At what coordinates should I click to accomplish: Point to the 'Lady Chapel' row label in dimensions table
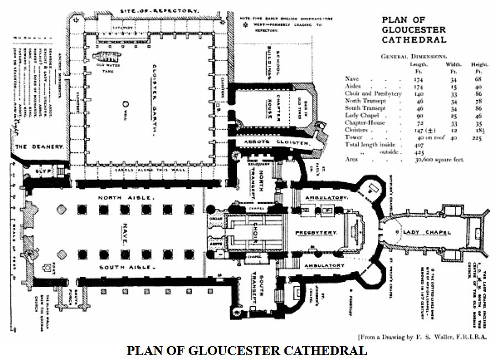[361, 115]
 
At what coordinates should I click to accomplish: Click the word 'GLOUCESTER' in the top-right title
[414, 30]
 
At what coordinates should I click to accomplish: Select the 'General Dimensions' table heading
[414, 56]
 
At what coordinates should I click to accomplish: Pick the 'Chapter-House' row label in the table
[363, 122]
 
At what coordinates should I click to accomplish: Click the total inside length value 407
[418, 145]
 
